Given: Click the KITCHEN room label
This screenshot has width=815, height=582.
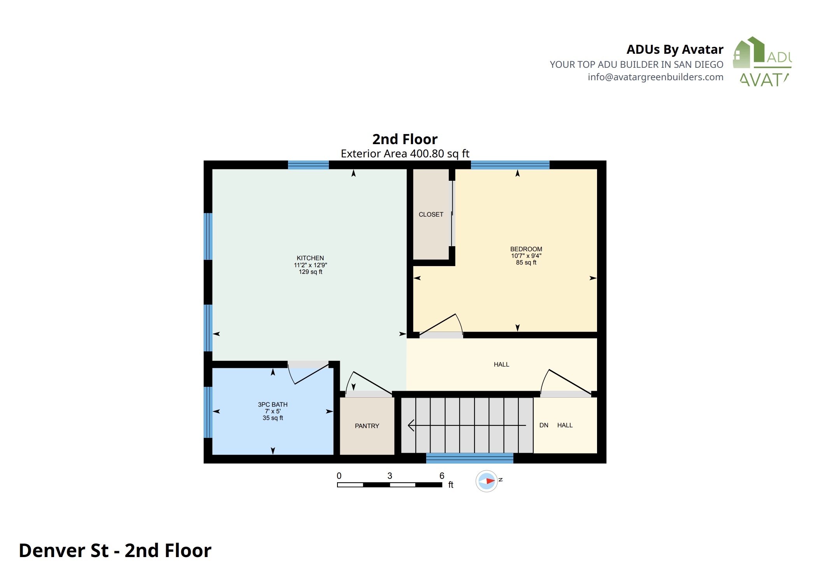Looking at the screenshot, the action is coord(310,258).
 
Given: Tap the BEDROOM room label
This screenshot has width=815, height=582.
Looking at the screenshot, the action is coord(526,249).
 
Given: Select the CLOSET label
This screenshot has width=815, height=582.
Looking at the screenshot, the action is coord(431,214).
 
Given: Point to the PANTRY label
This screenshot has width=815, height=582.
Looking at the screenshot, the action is coord(367,426).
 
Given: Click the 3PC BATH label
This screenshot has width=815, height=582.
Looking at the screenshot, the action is coord(272,404).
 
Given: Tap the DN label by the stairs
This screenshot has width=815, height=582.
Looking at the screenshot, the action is coord(544,425).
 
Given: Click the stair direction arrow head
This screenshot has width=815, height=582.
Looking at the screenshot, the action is coord(411,425).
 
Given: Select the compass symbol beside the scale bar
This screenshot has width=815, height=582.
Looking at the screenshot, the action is coord(487,481).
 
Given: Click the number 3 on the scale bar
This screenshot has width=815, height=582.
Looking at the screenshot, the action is coord(390,476).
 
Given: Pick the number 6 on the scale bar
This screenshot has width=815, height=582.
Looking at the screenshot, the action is coord(442,476).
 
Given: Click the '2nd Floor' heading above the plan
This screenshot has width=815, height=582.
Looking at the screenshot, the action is coord(405,139).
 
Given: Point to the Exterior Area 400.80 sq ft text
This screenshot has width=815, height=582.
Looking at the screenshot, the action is coord(405,153).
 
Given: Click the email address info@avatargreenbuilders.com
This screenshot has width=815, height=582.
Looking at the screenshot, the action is coord(655,77).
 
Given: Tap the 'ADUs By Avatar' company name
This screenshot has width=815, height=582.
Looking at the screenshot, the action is coord(675,49).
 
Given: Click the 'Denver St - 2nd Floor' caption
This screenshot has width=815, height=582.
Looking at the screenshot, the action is coord(115,550).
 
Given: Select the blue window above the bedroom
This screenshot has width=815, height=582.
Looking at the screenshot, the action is coord(510,165).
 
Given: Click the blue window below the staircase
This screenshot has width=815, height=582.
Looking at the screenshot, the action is coord(470,458).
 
